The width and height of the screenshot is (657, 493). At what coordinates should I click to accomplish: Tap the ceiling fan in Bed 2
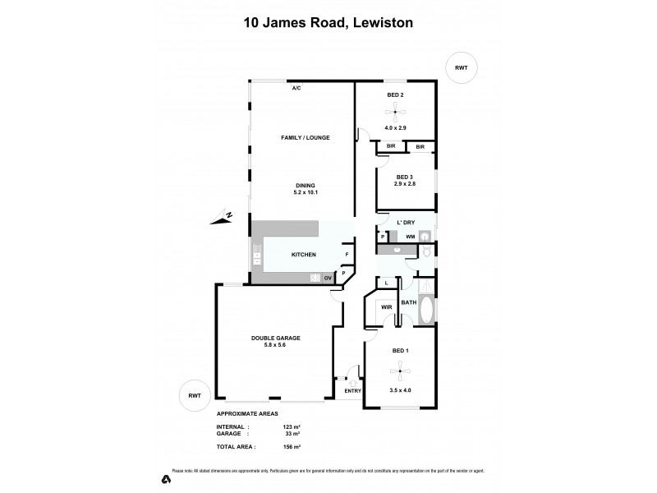click(x=397, y=114)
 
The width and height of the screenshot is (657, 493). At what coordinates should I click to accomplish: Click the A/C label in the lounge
click(x=296, y=88)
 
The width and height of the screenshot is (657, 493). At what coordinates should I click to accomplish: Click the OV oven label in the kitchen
click(x=327, y=278)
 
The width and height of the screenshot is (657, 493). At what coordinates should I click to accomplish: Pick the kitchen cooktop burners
click(x=315, y=278)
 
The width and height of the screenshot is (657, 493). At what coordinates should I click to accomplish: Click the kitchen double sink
click(x=257, y=258)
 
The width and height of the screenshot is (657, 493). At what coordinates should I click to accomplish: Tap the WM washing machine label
click(x=410, y=237)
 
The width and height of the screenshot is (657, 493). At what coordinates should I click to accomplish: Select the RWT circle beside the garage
click(x=195, y=396)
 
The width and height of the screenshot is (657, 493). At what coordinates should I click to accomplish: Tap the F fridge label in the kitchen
click(x=347, y=255)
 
